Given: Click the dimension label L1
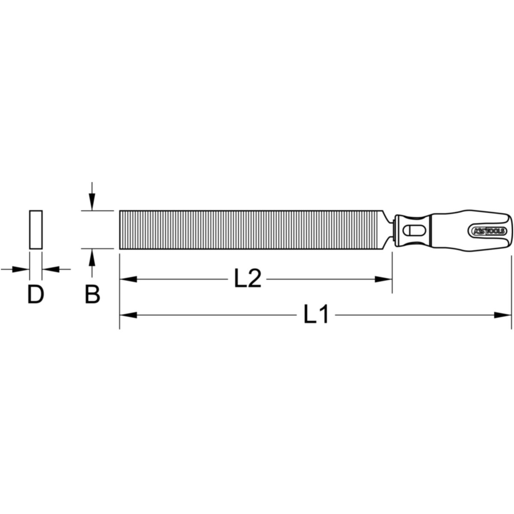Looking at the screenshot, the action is coord(316,315).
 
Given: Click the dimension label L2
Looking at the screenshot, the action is coord(247,278).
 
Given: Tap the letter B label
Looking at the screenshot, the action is coord(92,294).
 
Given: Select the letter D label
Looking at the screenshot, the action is coord(36,294).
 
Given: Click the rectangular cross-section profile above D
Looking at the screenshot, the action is coord(36,230).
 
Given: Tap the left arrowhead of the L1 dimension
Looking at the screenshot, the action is coord(128,315).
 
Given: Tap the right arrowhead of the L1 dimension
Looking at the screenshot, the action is coord(503,315).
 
